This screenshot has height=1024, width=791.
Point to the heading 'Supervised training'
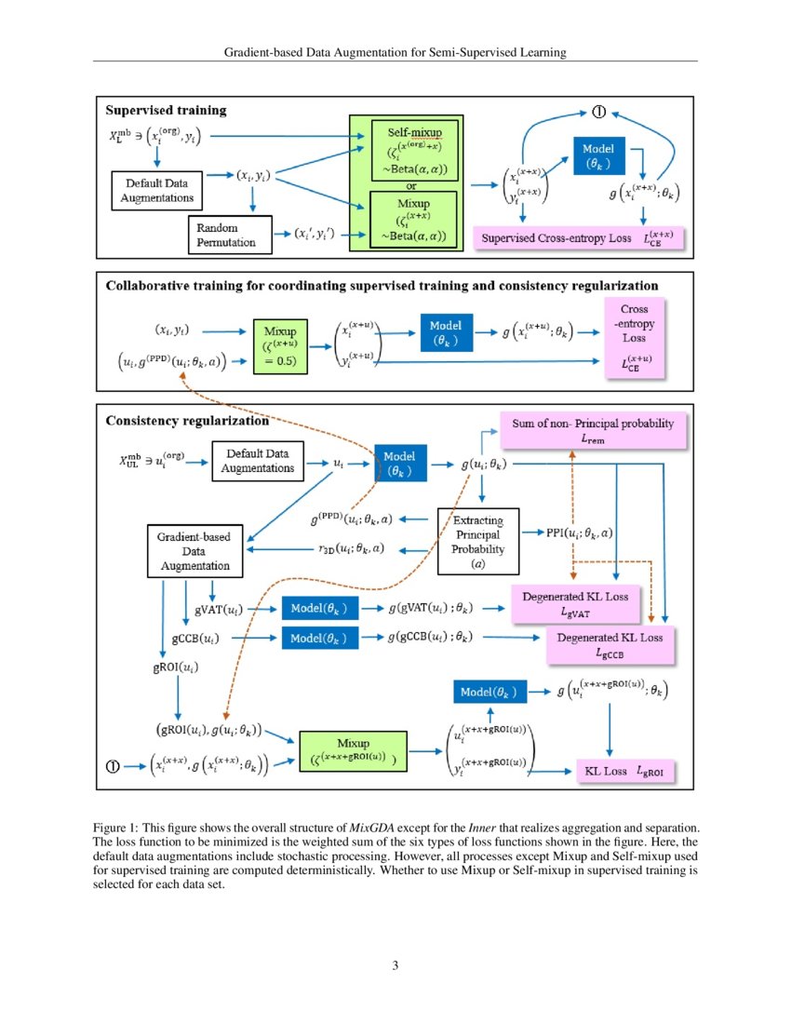[x=166, y=110]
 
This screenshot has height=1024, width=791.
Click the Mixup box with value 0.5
[x=281, y=345]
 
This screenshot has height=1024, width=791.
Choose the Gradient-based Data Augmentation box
[x=194, y=550]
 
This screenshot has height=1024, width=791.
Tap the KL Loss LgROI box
[x=623, y=771]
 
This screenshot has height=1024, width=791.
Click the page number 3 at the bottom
[x=395, y=965]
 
